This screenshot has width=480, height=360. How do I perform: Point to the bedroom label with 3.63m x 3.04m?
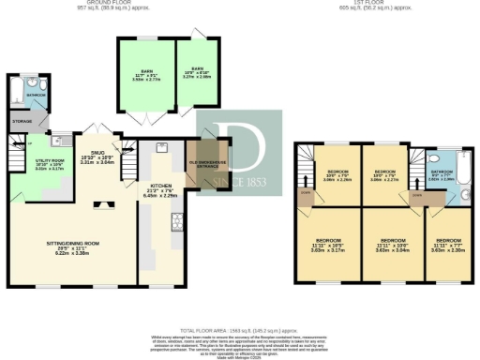(x=388, y=246)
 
